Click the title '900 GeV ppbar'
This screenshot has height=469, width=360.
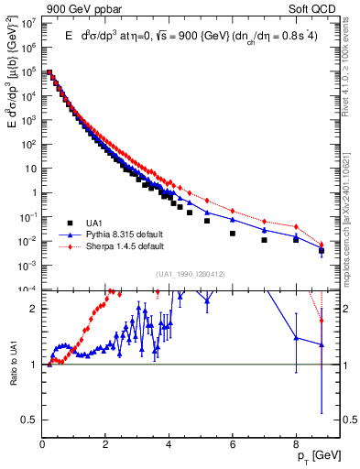[49, 9]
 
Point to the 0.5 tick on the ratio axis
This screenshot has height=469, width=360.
[30, 420]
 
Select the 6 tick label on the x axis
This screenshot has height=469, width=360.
[233, 442]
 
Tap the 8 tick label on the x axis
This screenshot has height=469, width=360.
[296, 442]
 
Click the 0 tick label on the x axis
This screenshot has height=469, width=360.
[43, 442]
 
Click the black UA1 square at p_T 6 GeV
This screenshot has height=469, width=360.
[233, 233]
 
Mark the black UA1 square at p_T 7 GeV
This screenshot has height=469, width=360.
[264, 240]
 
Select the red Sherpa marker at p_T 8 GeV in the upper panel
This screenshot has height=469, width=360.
[296, 226]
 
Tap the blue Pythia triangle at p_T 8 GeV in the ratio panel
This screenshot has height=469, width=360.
[296, 337]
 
